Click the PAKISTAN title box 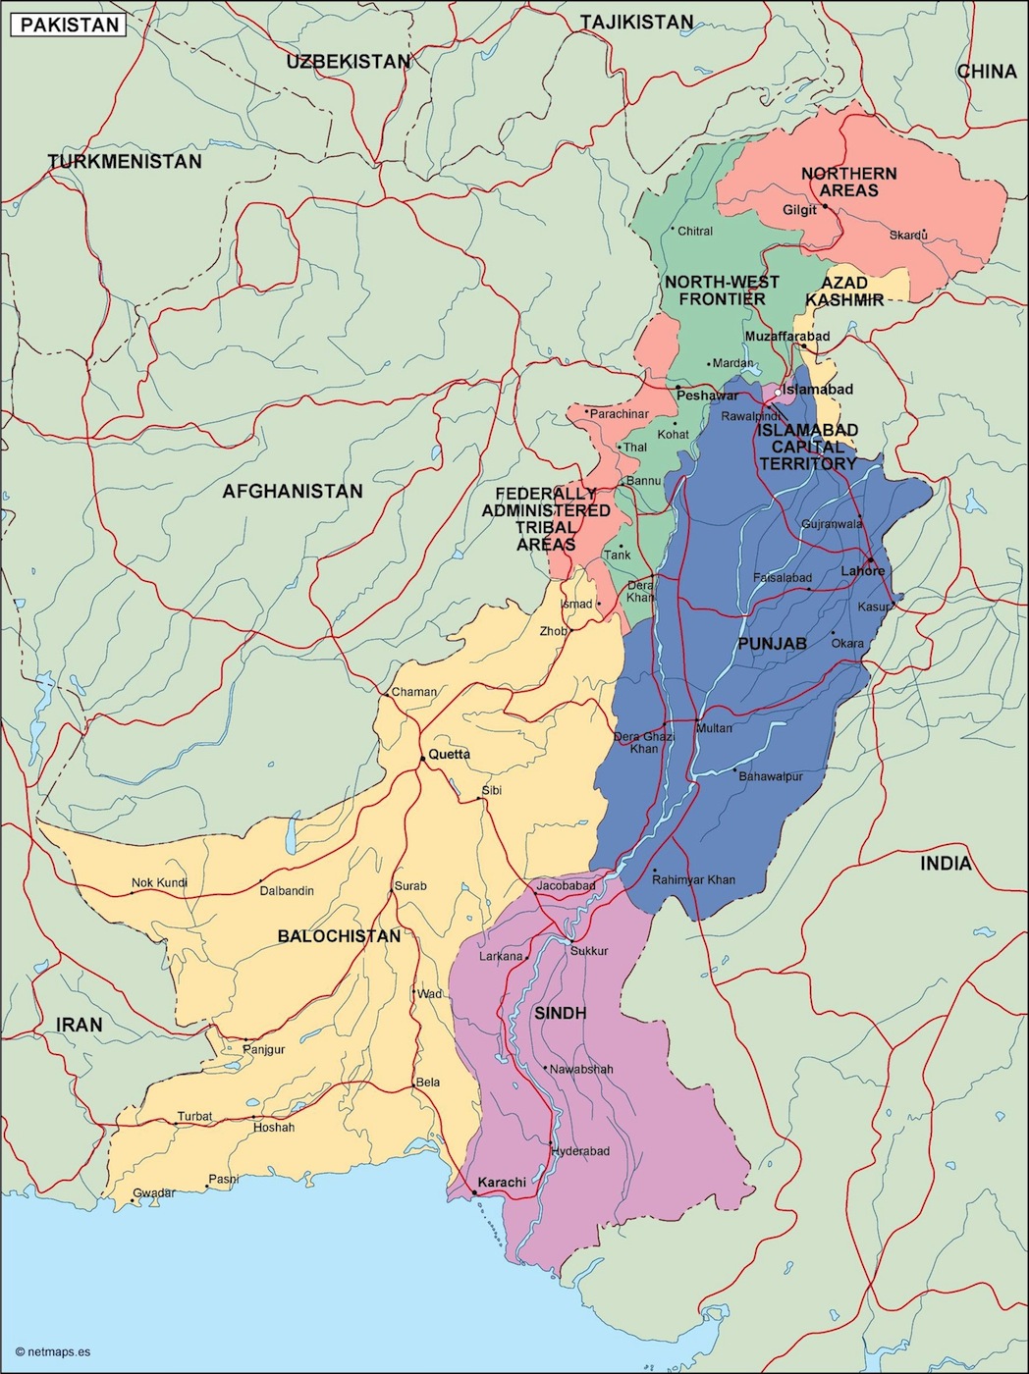coord(69,25)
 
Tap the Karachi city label coord(502,1182)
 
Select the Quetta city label coord(449,754)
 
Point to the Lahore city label coord(862,570)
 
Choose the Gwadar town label coord(154,1193)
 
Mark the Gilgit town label coord(799,210)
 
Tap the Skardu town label coord(908,235)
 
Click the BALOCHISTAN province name coord(339,936)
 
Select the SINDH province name coord(560,1013)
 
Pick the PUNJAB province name coord(772,644)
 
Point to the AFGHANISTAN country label coord(293,491)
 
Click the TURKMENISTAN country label coord(125,161)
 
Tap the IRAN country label coord(80,1025)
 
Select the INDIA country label coord(946,864)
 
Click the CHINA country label coord(987,71)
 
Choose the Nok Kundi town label coord(159,882)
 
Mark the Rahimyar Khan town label coord(693,879)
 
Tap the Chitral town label coord(695,231)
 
